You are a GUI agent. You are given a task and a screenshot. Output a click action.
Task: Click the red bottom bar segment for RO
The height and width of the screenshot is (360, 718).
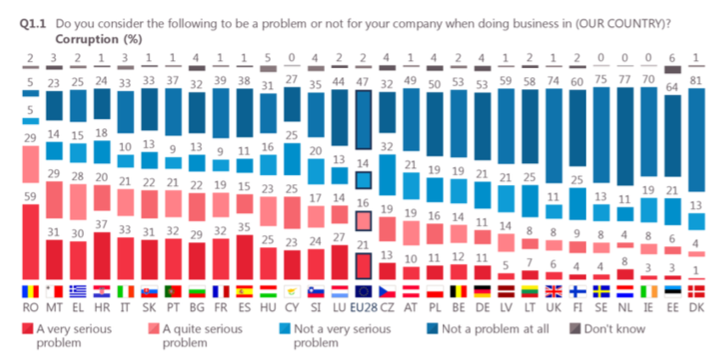point(31,242)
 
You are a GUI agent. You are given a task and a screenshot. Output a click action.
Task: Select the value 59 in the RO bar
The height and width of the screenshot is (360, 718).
point(31,196)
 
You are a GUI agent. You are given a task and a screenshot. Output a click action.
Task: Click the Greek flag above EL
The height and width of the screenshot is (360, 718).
point(78,290)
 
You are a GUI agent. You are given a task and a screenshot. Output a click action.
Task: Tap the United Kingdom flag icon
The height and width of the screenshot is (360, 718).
point(553,290)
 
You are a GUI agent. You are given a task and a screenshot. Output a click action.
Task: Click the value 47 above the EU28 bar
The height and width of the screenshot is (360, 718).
point(363,82)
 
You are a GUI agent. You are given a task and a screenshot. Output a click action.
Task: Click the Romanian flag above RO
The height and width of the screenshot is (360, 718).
point(31,290)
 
